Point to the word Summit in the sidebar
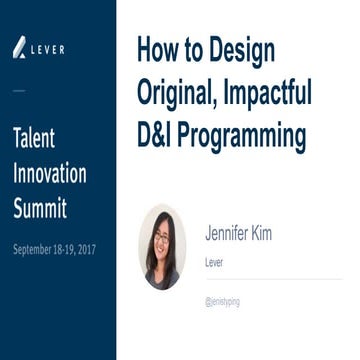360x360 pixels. click(x=40, y=208)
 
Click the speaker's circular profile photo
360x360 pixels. click(x=162, y=246)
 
